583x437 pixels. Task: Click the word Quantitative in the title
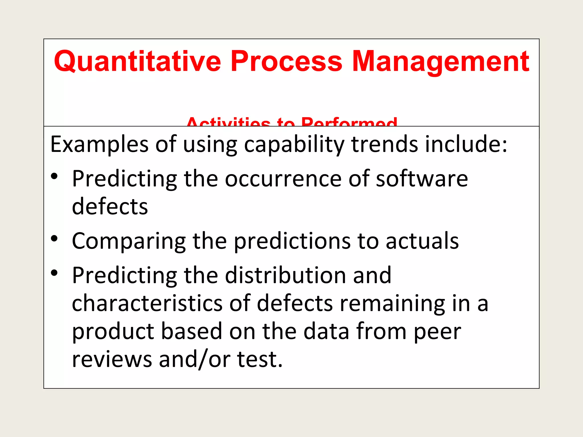tap(137, 61)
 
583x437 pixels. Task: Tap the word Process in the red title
tap(286, 61)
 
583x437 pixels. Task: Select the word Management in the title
tap(440, 61)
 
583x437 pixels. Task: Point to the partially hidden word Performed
tap(349, 123)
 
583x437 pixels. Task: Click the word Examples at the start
tap(99, 145)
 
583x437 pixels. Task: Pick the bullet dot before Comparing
tap(54, 238)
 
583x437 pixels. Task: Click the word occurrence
tap(283, 179)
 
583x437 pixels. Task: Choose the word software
tap(422, 179)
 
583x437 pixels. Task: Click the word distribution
tap(286, 275)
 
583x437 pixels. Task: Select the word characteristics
tap(147, 303)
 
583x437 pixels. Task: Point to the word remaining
tap(392, 303)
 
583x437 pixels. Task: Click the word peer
tap(437, 331)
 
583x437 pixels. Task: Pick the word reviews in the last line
tap(112, 359)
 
